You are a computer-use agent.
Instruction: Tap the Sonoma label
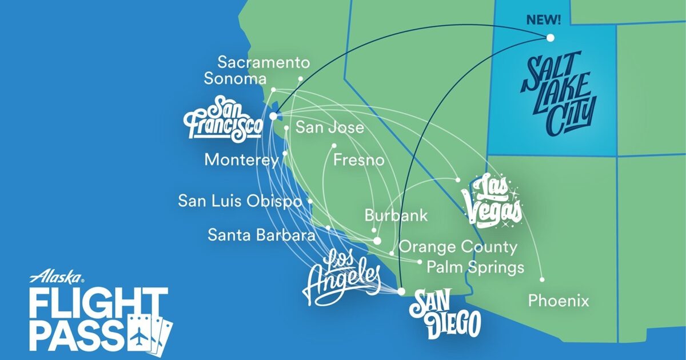(x=235, y=79)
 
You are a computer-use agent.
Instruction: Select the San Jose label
(x=329, y=127)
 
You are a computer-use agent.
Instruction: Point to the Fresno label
(x=358, y=159)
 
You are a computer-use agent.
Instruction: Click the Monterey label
(x=242, y=160)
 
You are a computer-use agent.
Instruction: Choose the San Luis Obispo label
(x=240, y=201)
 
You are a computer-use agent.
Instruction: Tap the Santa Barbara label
(x=262, y=234)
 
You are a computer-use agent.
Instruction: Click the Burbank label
(x=396, y=216)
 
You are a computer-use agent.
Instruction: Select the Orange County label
(x=457, y=247)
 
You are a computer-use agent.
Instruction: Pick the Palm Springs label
(x=476, y=267)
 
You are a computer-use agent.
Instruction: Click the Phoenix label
(x=558, y=301)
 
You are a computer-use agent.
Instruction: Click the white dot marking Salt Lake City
(x=550, y=38)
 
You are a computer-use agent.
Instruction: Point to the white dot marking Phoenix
(x=542, y=279)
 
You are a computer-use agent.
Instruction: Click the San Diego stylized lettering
(x=445, y=313)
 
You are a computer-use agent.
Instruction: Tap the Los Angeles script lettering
(x=342, y=277)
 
